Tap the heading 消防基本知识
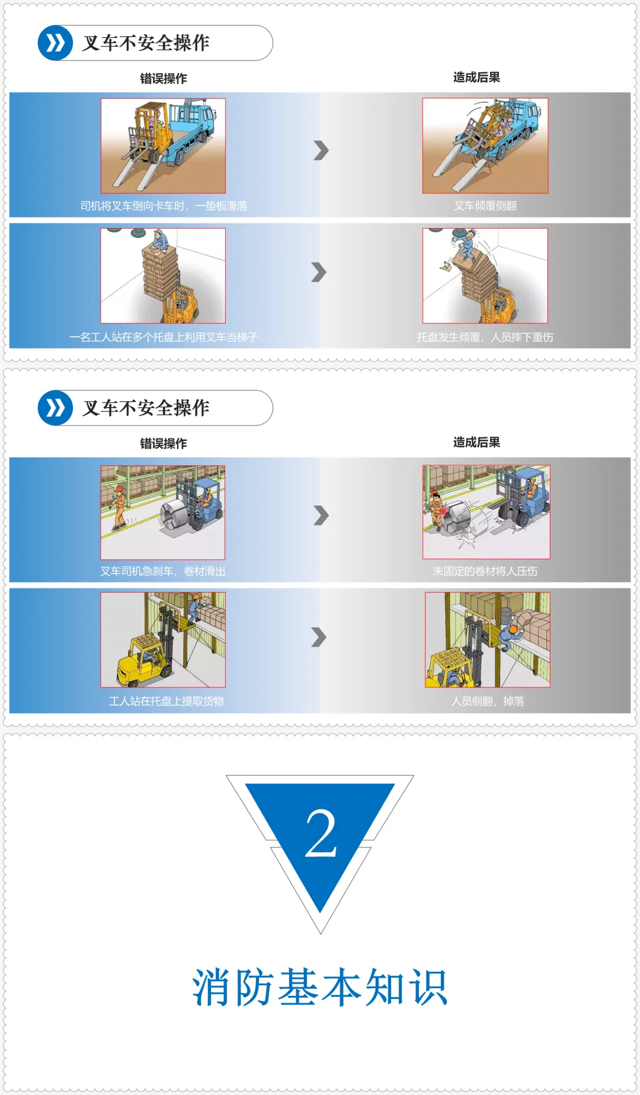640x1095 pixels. coord(320,987)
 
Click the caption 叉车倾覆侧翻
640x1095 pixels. coord(485,206)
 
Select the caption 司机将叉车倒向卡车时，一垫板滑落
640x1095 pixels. coord(164,206)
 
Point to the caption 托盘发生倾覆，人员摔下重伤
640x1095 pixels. coord(485,337)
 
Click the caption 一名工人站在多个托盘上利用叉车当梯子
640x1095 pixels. coord(164,337)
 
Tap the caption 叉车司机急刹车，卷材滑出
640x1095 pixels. coord(163,571)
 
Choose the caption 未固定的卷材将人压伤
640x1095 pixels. coord(485,571)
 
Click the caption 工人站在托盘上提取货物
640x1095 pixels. coord(167,701)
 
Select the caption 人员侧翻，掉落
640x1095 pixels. coord(488,701)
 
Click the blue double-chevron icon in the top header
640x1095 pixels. coord(56,43)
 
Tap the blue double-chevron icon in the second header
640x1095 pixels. coord(56,408)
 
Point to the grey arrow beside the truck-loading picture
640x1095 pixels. coord(321,151)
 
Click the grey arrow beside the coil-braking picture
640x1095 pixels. coord(321,516)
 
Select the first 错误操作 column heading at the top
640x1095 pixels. coord(164,78)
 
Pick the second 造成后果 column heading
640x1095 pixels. coord(476,442)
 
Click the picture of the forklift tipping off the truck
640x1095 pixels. coord(485,146)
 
